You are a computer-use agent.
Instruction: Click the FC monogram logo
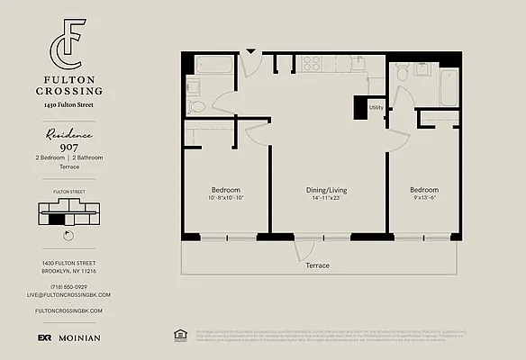(x=69, y=40)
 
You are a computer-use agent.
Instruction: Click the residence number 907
(x=68, y=147)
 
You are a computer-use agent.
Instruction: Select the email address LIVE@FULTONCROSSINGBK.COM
(x=68, y=294)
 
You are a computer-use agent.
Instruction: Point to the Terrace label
(x=316, y=265)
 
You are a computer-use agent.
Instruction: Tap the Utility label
(x=376, y=107)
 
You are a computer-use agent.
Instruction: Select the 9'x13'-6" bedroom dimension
(x=424, y=199)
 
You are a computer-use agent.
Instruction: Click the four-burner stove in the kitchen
(x=312, y=63)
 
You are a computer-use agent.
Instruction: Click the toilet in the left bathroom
(x=197, y=106)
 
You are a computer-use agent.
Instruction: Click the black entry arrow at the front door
(x=251, y=52)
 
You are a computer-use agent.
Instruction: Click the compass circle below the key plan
(x=69, y=236)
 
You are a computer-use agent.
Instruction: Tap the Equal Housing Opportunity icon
(x=177, y=335)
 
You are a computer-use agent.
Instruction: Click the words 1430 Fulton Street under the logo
(x=68, y=106)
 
